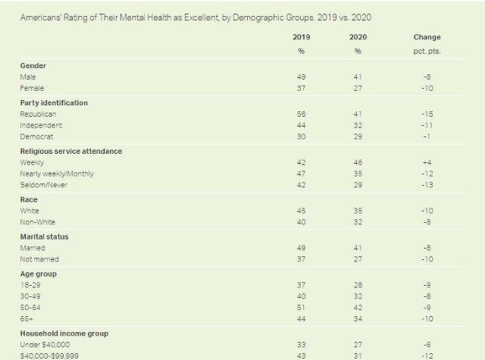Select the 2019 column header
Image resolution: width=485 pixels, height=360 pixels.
(x=301, y=37)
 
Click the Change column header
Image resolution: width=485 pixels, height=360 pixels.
(x=427, y=37)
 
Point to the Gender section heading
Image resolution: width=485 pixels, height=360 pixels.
(x=33, y=66)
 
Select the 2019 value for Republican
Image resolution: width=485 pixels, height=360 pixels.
(x=301, y=114)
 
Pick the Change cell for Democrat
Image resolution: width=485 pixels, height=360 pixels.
(x=427, y=136)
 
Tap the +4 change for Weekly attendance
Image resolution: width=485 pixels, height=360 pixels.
(x=427, y=162)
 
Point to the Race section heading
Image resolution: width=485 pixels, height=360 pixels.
(x=30, y=199)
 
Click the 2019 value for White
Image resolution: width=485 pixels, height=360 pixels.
(x=301, y=211)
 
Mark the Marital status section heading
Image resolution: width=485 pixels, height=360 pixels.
(x=46, y=236)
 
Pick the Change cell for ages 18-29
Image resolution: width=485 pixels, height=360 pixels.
(x=427, y=285)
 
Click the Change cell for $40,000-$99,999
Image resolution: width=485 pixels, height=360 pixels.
(x=427, y=356)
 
